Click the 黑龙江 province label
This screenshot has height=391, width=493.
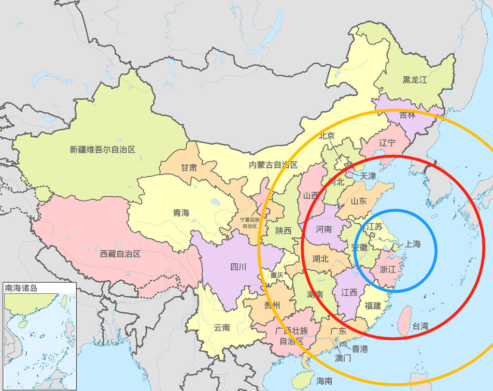(x=415, y=80)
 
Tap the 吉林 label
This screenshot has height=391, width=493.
(x=407, y=115)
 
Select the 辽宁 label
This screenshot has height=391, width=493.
(x=387, y=143)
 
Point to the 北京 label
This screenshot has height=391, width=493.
(x=326, y=136)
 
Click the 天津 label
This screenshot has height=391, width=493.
(x=367, y=176)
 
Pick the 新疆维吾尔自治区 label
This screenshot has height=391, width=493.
(x=103, y=149)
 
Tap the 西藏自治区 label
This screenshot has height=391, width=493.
(x=120, y=253)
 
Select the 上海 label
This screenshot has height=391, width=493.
(x=412, y=244)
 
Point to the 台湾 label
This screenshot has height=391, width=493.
(x=420, y=326)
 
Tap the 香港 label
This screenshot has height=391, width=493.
(x=359, y=348)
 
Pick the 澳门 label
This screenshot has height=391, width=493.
(x=343, y=359)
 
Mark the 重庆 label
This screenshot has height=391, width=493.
(x=277, y=275)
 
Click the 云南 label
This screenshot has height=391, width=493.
(x=222, y=328)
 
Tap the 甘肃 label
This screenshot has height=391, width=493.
(x=189, y=168)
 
